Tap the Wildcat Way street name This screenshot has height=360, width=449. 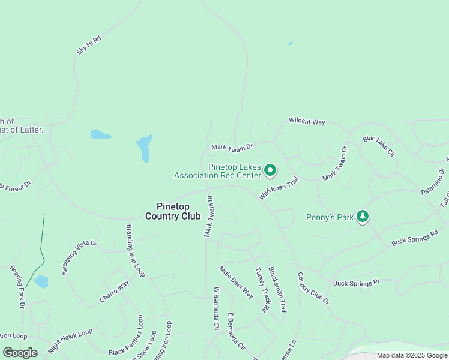[x=307, y=121]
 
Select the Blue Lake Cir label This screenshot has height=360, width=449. [x=379, y=147]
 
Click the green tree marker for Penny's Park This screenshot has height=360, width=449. [x=362, y=216]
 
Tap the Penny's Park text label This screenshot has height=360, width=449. [x=330, y=217]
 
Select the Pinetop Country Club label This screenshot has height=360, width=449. [x=173, y=211]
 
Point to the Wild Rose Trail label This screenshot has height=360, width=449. [x=279, y=188]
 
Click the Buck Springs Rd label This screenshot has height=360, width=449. [x=415, y=237]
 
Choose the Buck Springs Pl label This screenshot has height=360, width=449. [x=357, y=282]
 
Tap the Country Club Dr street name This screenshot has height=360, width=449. [x=313, y=289]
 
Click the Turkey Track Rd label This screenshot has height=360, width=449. [x=262, y=290]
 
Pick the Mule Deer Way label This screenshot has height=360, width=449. [x=236, y=282]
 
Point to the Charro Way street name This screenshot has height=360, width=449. [x=115, y=292]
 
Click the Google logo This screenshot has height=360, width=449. [x=20, y=353]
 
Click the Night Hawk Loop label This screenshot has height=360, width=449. [x=71, y=340]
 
